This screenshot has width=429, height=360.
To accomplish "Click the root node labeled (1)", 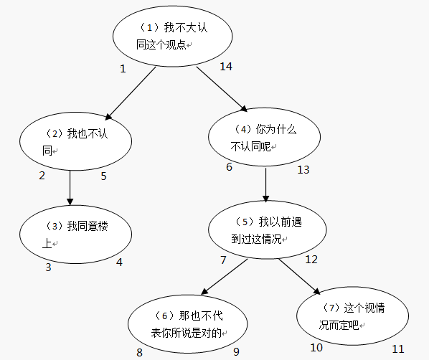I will (174, 37).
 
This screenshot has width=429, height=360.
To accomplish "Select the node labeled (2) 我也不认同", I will (75, 141).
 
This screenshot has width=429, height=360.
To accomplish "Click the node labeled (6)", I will (189, 324).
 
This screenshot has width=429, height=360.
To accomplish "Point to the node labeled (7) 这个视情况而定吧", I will (353, 317).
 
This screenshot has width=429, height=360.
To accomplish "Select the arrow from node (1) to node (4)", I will (222, 89).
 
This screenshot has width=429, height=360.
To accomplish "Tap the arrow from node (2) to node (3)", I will (70, 188).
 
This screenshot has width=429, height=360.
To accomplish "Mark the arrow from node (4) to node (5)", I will (266, 186).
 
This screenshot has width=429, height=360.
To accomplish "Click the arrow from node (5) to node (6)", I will (225, 277).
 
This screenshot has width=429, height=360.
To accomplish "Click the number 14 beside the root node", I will (226, 67).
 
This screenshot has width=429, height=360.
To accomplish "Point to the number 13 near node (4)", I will (303, 169).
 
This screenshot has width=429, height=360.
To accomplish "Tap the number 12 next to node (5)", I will (311, 259).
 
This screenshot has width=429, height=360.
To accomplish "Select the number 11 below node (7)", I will (397, 349).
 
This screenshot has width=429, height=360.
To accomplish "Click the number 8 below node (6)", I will (139, 351).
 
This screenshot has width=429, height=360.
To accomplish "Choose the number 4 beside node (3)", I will (119, 262).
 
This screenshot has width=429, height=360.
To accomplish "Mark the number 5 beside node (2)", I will (103, 176).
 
